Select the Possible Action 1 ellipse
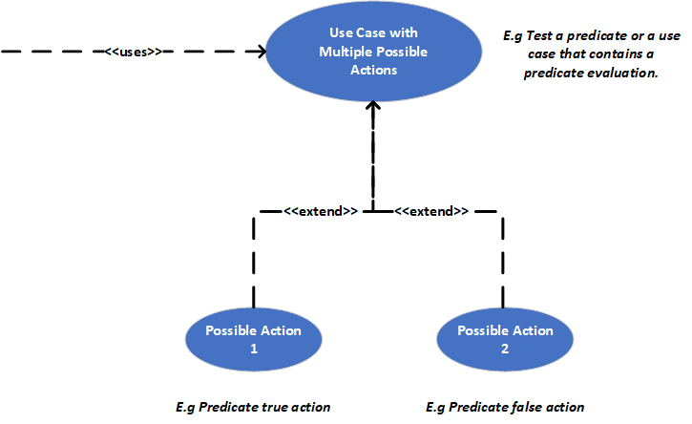253,339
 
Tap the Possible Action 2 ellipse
505,339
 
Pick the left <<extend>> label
320,210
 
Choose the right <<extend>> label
431,210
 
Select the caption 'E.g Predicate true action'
253,407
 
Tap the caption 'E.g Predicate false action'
505,407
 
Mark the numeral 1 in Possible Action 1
253,349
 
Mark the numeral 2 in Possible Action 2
505,349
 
